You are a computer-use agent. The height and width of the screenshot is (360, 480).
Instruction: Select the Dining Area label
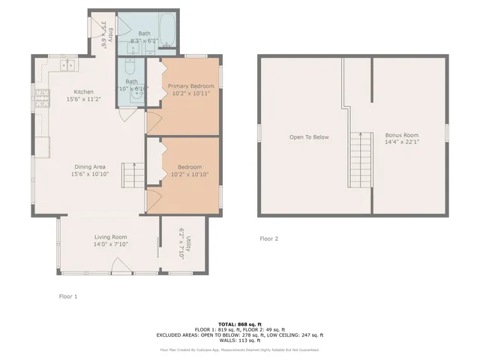(x=89, y=166)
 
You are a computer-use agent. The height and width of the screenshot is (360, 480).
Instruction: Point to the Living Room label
(x=110, y=237)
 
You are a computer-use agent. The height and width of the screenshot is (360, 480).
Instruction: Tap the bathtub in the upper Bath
(x=169, y=30)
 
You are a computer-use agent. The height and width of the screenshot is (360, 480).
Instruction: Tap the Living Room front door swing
(x=118, y=264)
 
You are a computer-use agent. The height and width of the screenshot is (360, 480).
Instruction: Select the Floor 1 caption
(x=67, y=296)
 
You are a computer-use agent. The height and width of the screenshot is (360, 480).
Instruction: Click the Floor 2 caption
(x=268, y=238)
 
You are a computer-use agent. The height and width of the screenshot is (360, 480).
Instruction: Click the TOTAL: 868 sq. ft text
(x=239, y=323)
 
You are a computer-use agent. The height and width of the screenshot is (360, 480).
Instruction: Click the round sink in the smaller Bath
(x=135, y=94)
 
